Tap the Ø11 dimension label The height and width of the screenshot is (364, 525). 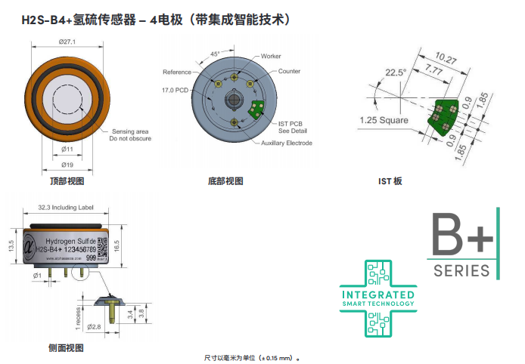click(x=67, y=149)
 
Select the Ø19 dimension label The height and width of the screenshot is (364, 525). click(x=67, y=164)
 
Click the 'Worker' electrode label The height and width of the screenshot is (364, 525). click(x=271, y=57)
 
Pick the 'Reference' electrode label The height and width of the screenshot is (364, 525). click(x=177, y=72)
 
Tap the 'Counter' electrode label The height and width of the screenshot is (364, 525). click(x=289, y=71)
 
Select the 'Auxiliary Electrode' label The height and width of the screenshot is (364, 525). click(x=287, y=143)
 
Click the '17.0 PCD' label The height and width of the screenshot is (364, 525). click(x=175, y=90)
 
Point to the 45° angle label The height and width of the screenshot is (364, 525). click(x=215, y=54)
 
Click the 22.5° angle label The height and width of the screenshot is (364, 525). click(x=396, y=72)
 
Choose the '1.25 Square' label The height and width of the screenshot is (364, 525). click(x=384, y=120)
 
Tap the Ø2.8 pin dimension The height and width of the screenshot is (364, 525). click(x=95, y=326)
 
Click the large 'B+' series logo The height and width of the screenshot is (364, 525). click(x=461, y=236)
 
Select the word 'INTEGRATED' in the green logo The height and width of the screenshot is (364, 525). click(x=378, y=294)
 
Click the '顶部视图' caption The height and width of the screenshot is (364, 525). click(x=67, y=181)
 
